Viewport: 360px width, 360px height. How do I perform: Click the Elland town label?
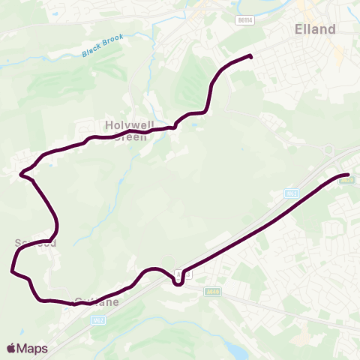coord(315,28)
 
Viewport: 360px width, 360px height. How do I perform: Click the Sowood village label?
coord(34,243)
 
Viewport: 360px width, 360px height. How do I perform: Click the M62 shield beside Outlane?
coord(97,320)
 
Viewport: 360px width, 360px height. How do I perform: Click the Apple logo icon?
coord(11,348)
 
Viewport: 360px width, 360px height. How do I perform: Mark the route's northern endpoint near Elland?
coord(250,56)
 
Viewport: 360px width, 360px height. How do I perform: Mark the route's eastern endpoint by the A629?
coord(349,175)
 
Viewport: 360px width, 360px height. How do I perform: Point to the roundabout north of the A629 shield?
coord(328,149)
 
